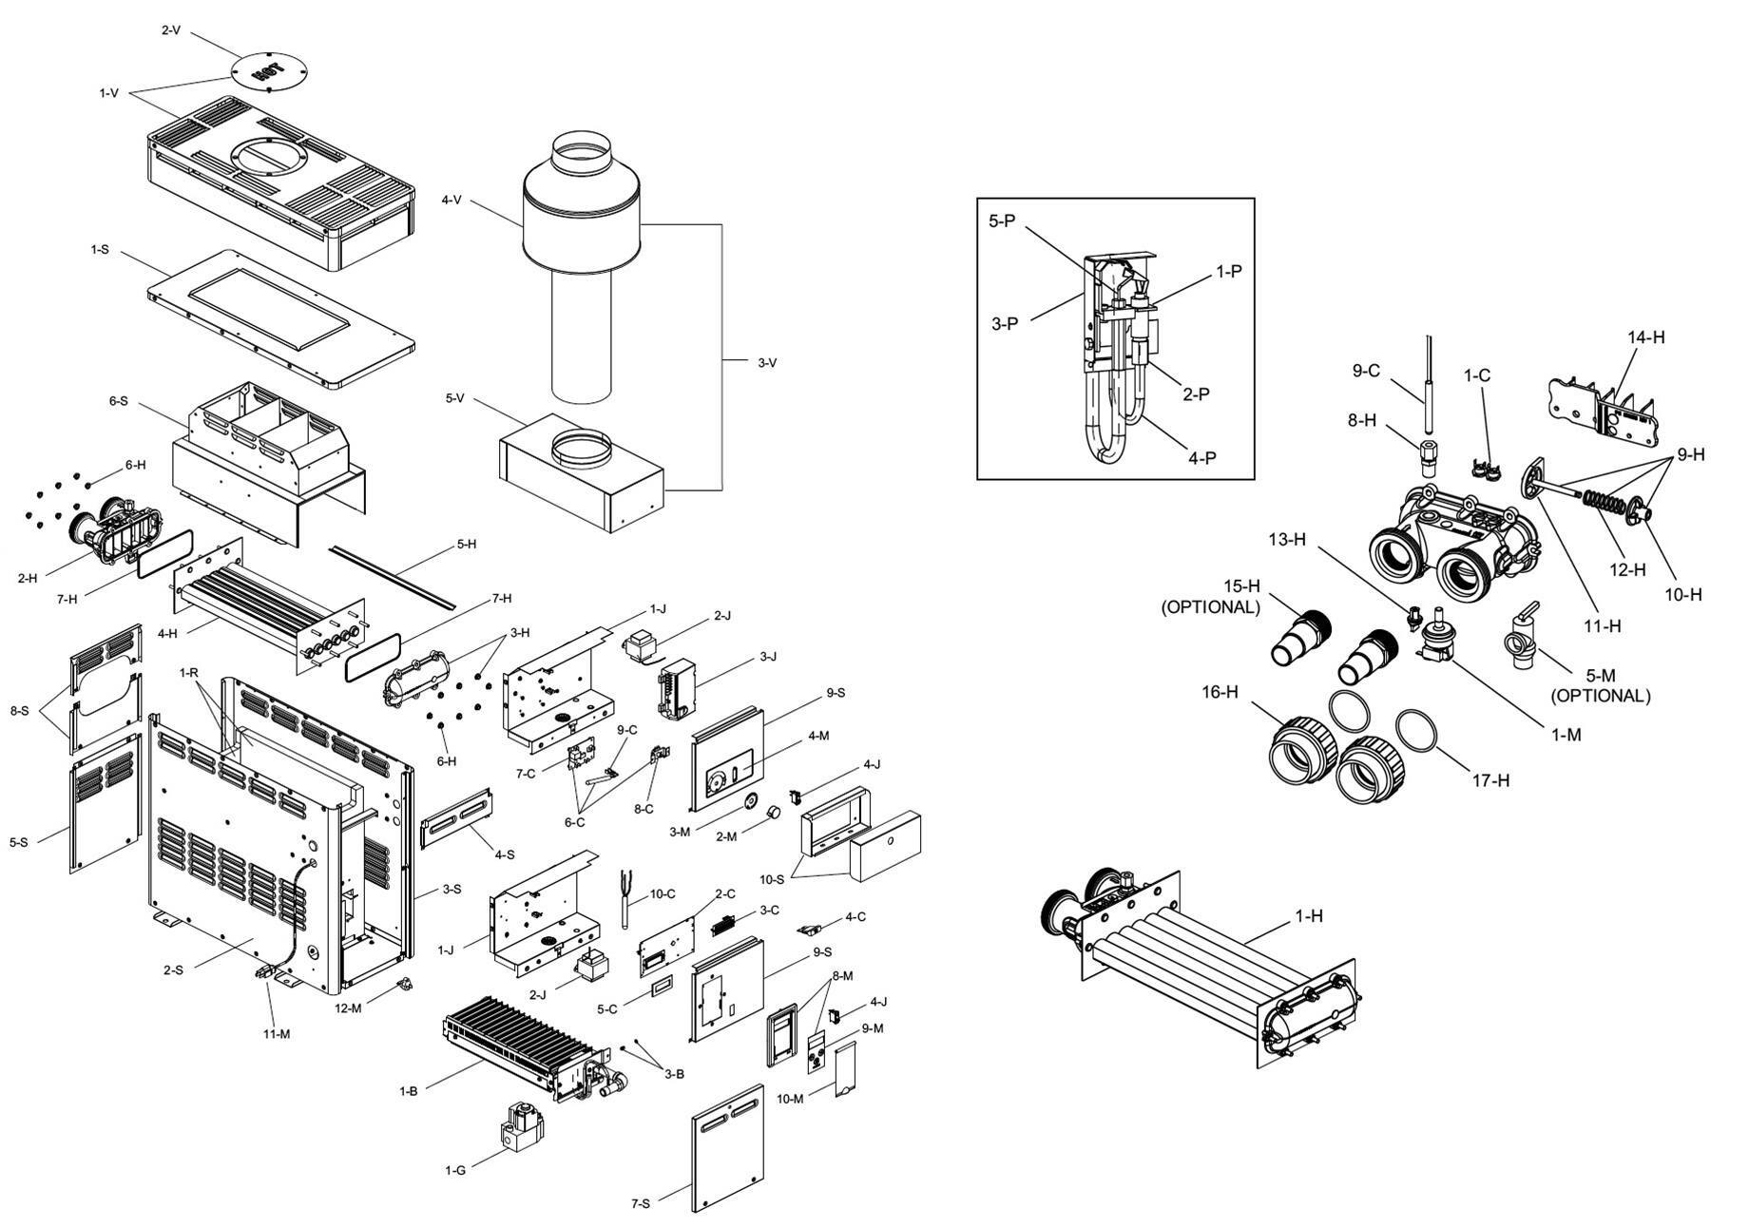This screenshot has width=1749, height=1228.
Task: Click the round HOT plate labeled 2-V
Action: (x=269, y=71)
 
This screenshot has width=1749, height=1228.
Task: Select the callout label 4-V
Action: (x=452, y=200)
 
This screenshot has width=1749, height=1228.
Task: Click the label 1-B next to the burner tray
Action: (x=408, y=1091)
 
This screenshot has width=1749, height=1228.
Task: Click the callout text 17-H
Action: (x=1490, y=780)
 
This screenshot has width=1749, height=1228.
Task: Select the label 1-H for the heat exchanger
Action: (x=1308, y=916)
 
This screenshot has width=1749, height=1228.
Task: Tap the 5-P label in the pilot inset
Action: (x=1002, y=221)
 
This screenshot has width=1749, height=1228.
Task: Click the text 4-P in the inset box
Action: (x=1202, y=458)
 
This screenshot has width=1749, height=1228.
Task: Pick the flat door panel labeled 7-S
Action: (x=728, y=1148)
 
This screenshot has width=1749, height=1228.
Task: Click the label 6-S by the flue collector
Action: (x=118, y=401)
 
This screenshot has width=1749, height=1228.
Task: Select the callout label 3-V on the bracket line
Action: (x=767, y=362)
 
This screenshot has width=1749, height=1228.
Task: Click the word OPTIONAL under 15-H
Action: (x=1210, y=606)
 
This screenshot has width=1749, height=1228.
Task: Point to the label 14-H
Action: (x=1645, y=337)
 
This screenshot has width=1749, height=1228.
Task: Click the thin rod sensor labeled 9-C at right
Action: (x=1428, y=380)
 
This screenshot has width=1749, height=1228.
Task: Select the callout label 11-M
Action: (x=277, y=1033)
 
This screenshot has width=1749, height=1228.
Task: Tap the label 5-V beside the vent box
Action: (x=454, y=398)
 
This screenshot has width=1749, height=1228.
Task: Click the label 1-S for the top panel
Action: (x=99, y=249)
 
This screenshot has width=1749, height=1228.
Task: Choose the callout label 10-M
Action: (x=790, y=1099)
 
